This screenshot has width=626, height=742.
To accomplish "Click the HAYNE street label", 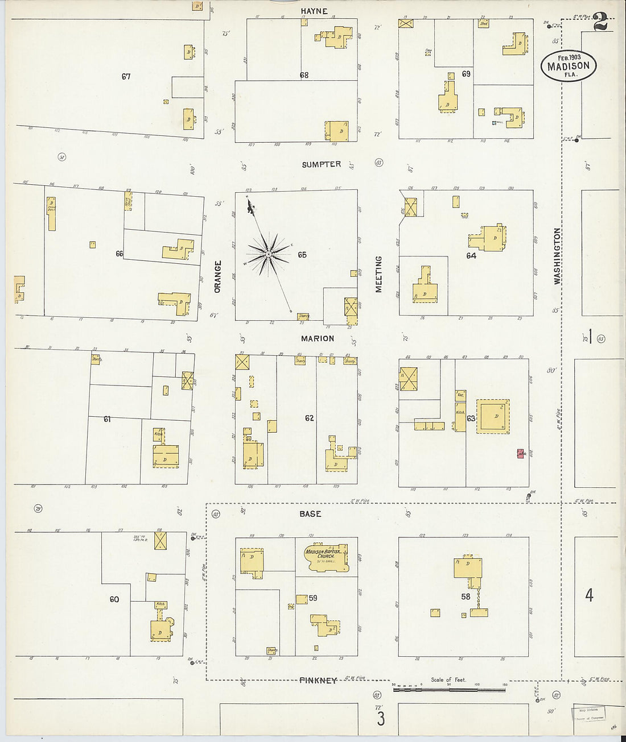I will (x=314, y=11).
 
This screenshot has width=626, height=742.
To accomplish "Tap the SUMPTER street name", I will (x=322, y=164).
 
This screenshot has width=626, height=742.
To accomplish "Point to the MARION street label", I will (x=318, y=338).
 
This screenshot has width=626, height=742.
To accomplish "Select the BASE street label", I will (x=310, y=513).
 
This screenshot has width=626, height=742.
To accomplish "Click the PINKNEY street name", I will (x=318, y=680).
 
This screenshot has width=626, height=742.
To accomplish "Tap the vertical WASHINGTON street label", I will (x=557, y=256).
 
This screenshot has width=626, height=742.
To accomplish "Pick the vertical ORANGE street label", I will (x=217, y=277).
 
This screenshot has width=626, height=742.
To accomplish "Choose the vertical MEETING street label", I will (x=378, y=274).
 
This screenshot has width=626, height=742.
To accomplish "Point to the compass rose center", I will (x=268, y=255).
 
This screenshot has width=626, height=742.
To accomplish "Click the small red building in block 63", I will (x=520, y=454).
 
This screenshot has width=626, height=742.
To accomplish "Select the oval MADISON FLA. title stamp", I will (x=569, y=66).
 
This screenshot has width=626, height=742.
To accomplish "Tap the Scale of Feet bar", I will (x=449, y=690).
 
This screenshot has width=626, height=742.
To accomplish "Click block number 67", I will (x=126, y=76).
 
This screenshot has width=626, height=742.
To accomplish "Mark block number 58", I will (x=466, y=596).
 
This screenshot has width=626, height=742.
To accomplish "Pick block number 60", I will (x=114, y=599).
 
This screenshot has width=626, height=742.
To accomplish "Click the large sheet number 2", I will (x=600, y=23).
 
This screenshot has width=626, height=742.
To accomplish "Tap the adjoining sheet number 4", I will (x=589, y=595).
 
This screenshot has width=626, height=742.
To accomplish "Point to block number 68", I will (x=304, y=75).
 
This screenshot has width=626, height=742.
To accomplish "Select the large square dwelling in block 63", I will (x=492, y=417).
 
